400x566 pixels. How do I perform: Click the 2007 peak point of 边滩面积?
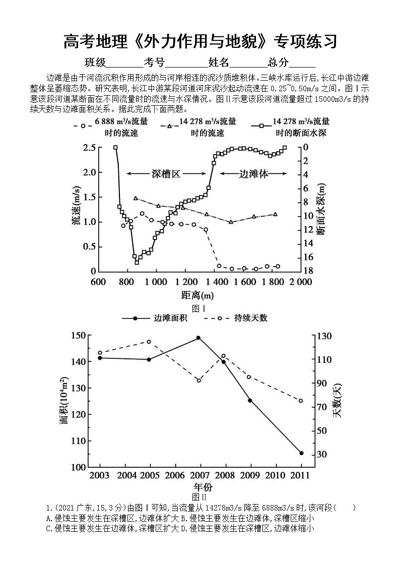click(x=198, y=338)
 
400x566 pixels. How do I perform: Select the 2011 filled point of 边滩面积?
click(x=301, y=453)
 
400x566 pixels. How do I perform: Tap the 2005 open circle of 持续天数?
click(x=149, y=342)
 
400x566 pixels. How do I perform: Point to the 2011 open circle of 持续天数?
click(x=301, y=401)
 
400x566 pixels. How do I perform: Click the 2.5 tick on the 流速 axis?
click(x=89, y=148)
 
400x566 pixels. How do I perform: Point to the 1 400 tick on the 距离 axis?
click(x=215, y=282)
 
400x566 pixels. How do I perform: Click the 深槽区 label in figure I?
click(x=166, y=174)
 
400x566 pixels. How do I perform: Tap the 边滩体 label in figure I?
click(x=253, y=174)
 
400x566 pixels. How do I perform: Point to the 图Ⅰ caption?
click(x=200, y=307)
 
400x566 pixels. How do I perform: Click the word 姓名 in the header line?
click(x=219, y=62)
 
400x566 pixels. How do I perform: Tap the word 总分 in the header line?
click(x=279, y=62)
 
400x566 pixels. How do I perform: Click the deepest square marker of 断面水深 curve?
click(x=137, y=262)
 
